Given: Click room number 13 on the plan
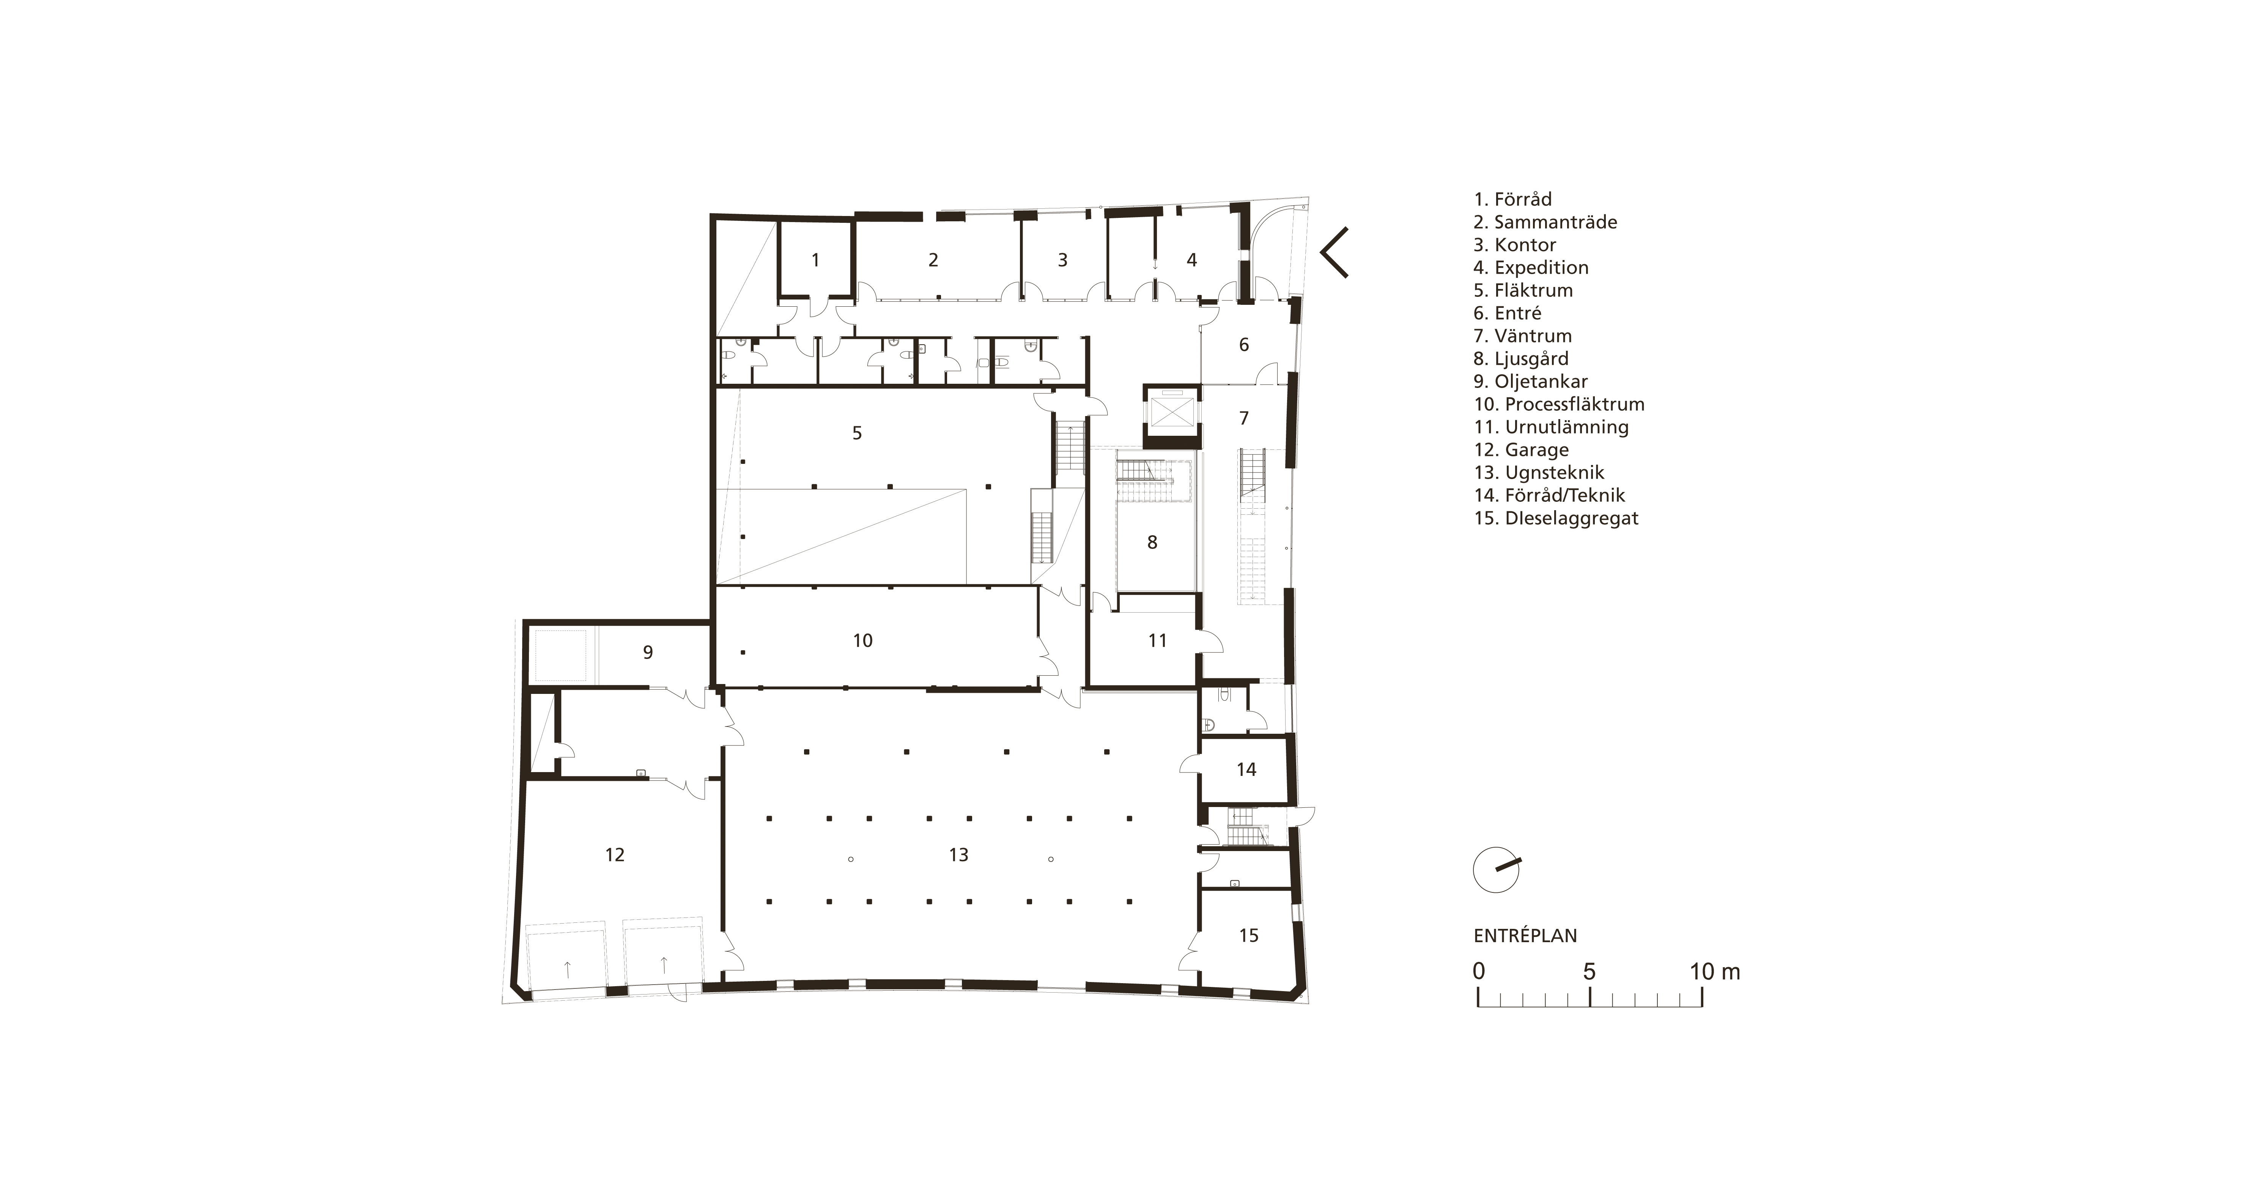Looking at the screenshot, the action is [959, 855].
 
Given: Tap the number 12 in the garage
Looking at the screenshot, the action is [615, 855].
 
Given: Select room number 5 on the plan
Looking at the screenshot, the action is [857, 433].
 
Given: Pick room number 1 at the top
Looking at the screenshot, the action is [815, 260].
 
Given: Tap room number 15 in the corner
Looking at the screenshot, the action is [1248, 936].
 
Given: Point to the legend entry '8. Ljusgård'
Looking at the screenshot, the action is [1521, 358].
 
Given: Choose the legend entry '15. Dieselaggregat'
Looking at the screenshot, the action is [1555, 519].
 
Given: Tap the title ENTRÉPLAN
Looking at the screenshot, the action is [1525, 936].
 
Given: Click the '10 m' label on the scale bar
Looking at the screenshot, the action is [1715, 972].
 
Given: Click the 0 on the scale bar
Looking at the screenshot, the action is [1479, 972].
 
